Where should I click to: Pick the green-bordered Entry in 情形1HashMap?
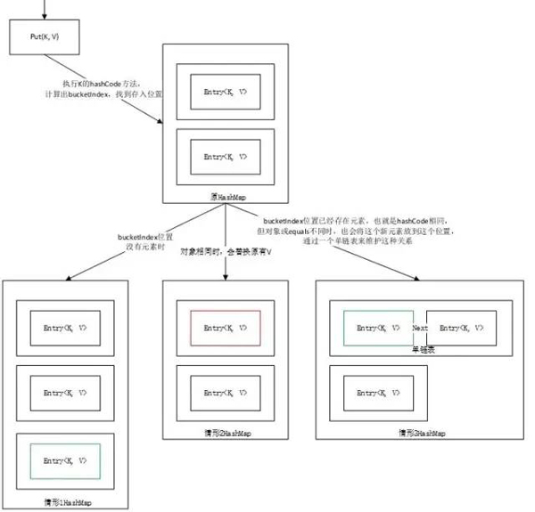pos(65,459)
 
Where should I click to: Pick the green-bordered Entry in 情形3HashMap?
pos(378,329)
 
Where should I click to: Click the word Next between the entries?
pos(420,329)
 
